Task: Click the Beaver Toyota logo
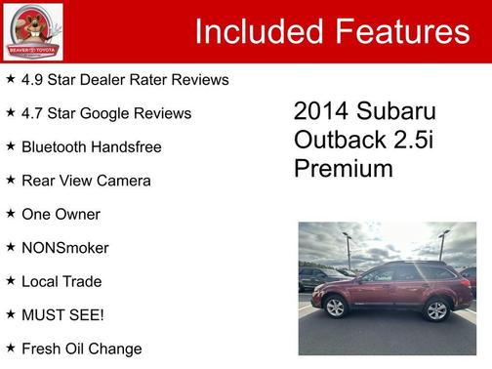[x=32, y=31]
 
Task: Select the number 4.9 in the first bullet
[x=33, y=79]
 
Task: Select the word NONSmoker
[x=64, y=248]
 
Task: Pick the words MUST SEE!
[x=62, y=315]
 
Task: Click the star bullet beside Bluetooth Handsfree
[x=10, y=146]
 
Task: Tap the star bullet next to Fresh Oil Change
[x=10, y=348]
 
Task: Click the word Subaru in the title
[x=395, y=111]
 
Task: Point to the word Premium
[x=343, y=168]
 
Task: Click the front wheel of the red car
[x=337, y=308]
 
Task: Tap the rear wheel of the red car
[x=435, y=310]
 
